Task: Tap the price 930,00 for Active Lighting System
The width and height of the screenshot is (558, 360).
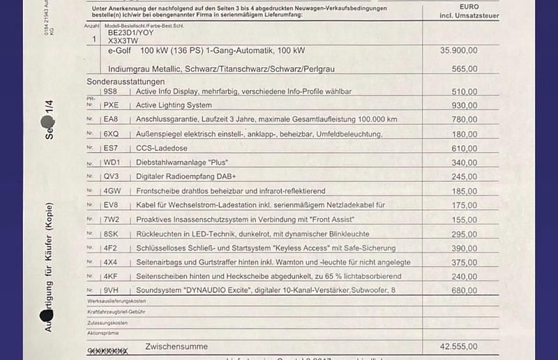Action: (464, 105)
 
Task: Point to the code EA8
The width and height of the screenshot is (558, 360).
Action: (111, 120)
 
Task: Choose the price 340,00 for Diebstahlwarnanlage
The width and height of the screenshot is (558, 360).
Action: (464, 163)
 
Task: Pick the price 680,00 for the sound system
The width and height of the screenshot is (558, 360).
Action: (464, 291)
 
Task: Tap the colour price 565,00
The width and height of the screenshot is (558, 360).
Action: (464, 69)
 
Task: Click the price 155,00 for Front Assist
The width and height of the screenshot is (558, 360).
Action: (464, 220)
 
